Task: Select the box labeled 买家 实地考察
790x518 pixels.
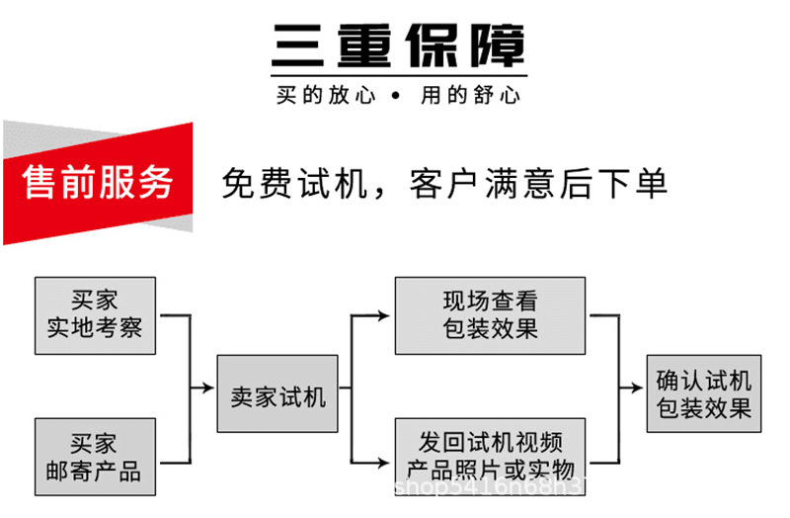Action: click(x=95, y=315)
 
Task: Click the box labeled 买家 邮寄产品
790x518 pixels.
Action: click(x=95, y=456)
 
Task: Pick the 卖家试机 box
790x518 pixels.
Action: click(x=277, y=393)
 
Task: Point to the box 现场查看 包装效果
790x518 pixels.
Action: click(x=490, y=315)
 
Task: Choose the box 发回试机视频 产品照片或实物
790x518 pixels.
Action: click(x=490, y=456)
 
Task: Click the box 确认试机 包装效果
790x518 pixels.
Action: click(x=703, y=393)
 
